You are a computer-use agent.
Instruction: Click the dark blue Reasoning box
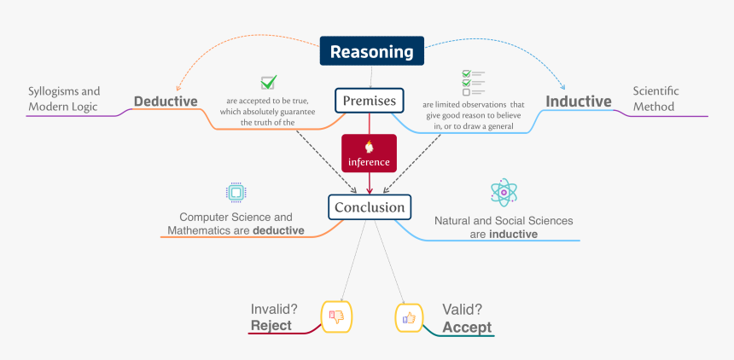point(371,51)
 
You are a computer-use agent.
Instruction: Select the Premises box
point(369,102)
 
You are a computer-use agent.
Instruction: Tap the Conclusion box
point(369,207)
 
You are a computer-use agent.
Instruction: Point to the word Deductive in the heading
point(166,102)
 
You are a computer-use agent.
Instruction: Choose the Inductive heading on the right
point(579,102)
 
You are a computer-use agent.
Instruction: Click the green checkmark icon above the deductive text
point(268,83)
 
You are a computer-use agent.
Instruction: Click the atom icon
point(504,193)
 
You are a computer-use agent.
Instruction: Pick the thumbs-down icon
point(335,316)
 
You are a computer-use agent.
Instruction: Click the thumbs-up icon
point(408,317)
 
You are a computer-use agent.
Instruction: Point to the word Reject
point(271,325)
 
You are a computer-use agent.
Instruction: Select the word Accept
point(466,327)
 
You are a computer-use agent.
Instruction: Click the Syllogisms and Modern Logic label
point(63,98)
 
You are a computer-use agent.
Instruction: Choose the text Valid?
point(462,310)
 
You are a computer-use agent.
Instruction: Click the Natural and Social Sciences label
point(504,227)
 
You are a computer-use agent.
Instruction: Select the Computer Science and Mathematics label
point(236,224)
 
